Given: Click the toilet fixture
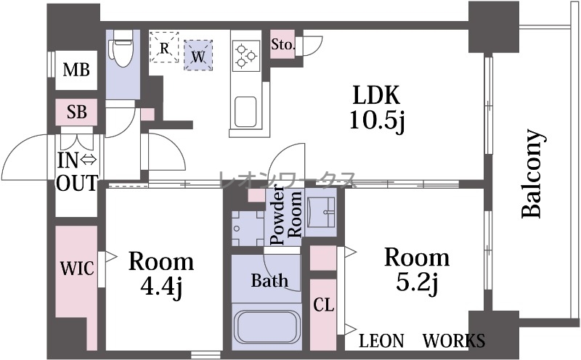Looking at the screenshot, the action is tap(121, 48).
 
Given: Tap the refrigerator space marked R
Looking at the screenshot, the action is tap(165, 47).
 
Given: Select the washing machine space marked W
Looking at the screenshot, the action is tap(198, 55).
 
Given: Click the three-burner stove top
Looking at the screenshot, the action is tap(246, 56).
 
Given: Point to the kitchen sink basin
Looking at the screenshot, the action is tap(245, 112).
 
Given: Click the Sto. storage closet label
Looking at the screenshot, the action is tap(283, 44).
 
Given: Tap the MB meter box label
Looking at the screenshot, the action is tap(76, 70).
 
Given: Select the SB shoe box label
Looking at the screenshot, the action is tap(77, 112).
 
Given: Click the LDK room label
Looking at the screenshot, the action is tap(376, 95).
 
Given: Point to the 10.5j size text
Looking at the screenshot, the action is tap(378, 120).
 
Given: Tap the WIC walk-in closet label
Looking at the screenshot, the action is tap(77, 268).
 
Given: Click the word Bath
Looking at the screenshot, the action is tap(269, 280).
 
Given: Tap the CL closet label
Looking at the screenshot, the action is tap(324, 304).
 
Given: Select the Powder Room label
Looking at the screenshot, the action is tap(285, 218).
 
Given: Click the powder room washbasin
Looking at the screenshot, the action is tap(321, 210).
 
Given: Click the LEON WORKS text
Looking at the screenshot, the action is tap(422, 340).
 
